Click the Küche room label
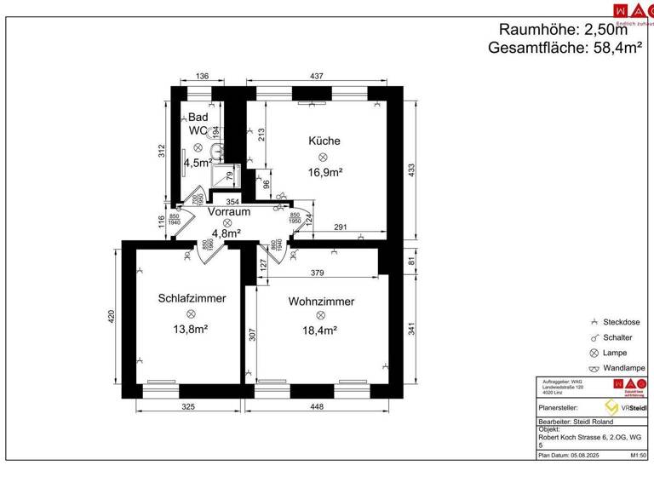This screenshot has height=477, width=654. click(x=324, y=141)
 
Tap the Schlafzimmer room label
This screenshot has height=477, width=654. click(x=192, y=299)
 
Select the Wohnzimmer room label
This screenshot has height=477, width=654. click(x=321, y=302)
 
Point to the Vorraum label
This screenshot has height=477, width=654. click(x=228, y=211)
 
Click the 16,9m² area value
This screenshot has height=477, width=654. click(x=324, y=173)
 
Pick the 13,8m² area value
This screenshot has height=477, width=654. click(x=191, y=329)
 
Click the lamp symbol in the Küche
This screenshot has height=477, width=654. click(x=323, y=158)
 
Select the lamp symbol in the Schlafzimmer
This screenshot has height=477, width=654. click(x=191, y=314)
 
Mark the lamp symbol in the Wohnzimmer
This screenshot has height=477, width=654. click(x=320, y=316)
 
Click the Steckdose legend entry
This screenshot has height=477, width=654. click(x=621, y=322)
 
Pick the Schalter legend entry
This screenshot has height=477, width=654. click(x=619, y=337)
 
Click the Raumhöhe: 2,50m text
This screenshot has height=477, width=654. click(x=568, y=30)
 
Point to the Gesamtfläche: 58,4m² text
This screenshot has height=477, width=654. click(x=565, y=49)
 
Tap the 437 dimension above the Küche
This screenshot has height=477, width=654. click(x=316, y=77)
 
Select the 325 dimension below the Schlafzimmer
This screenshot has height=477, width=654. click(x=188, y=407)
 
